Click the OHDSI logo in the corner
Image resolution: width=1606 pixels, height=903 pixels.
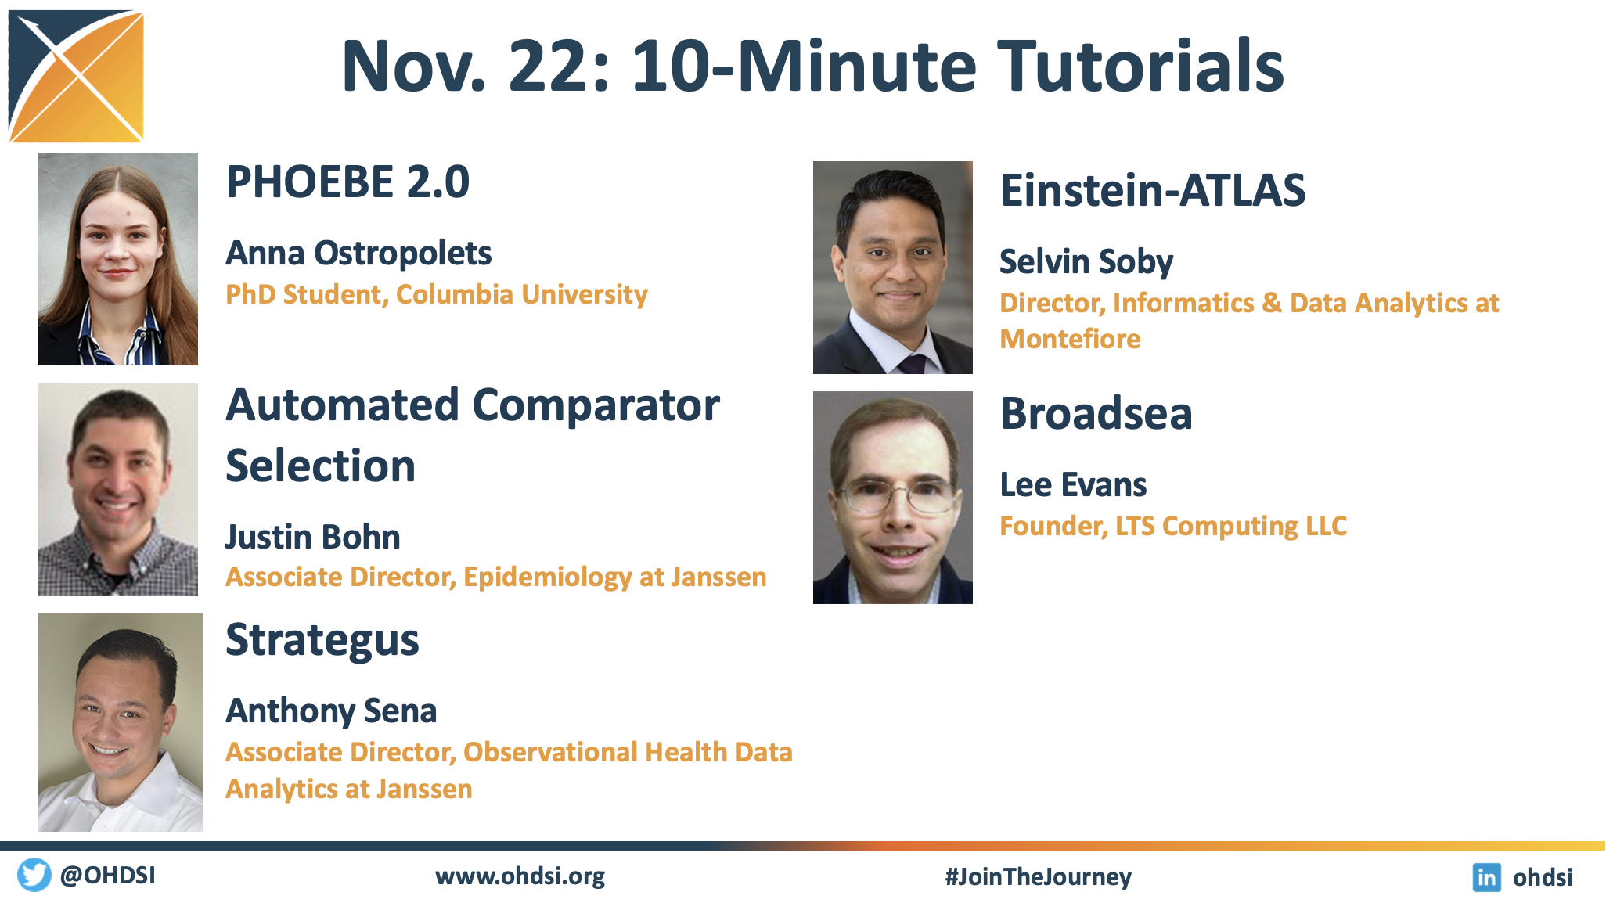76,76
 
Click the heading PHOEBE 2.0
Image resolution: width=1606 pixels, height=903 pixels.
347,182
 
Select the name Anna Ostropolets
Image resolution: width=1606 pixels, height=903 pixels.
358,254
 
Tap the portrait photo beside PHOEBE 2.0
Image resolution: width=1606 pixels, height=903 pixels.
118,259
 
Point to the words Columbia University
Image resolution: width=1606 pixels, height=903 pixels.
522,294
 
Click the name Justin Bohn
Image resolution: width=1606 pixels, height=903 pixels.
313,537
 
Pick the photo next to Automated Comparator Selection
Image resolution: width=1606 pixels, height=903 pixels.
118,490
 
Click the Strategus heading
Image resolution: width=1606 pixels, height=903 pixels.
322,641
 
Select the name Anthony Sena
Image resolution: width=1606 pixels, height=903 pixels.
331,711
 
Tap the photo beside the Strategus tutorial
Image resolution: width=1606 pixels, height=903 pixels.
121,722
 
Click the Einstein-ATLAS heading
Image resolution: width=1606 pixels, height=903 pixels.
1153,190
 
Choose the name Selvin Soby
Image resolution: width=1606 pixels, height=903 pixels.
1086,262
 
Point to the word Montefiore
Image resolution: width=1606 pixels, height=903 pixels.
1070,339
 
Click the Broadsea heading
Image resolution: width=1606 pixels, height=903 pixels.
1096,413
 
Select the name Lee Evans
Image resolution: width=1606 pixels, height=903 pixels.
1073,485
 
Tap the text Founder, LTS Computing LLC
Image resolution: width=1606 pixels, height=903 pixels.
1173,527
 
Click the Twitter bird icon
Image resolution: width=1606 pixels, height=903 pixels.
34,875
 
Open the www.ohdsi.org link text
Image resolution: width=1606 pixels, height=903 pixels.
520,876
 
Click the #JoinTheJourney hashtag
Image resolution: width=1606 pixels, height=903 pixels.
1038,877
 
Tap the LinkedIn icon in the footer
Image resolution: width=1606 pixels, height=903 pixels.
1486,877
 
